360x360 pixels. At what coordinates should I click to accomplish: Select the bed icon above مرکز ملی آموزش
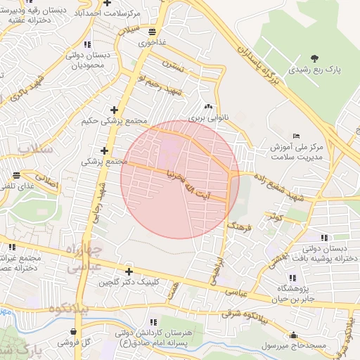pos(295,136)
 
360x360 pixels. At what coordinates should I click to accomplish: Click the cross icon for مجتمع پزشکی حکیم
pos(115,109)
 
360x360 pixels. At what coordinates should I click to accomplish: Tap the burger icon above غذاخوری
pos(153,32)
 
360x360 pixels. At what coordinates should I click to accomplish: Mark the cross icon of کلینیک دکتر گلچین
pos(129,271)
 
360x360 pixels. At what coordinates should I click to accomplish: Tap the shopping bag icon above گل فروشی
pos(74,331)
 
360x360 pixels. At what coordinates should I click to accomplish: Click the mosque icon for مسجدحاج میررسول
pos(293,335)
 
